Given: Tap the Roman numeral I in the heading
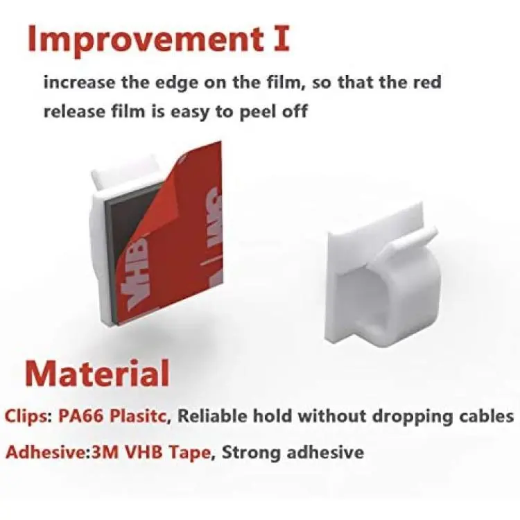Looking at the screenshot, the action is pyautogui.click(x=281, y=38).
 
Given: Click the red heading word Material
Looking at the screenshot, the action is pyautogui.click(x=97, y=374).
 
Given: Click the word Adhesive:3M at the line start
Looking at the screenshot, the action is pyautogui.click(x=62, y=452).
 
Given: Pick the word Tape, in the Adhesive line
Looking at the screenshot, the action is pyautogui.click(x=191, y=453).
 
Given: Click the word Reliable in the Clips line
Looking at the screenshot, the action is pyautogui.click(x=214, y=416).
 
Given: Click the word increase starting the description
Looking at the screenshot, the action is pyautogui.click(x=79, y=83).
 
